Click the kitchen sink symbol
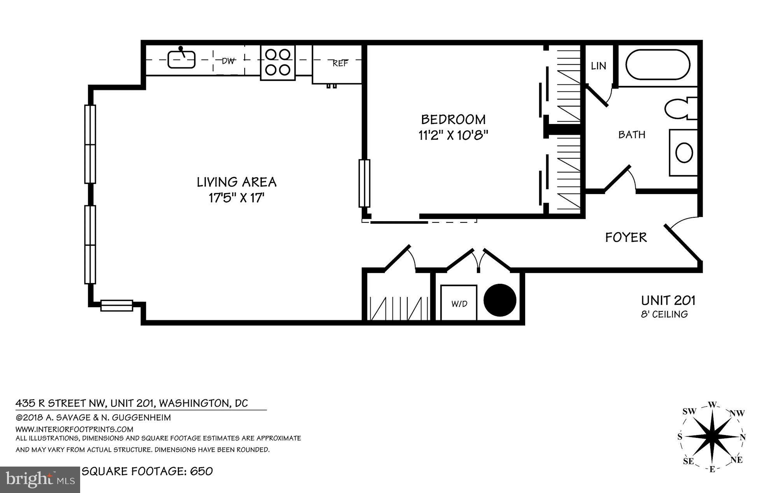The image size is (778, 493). click(x=181, y=59)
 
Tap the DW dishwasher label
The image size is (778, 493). click(x=228, y=61)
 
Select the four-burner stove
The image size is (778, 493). click(x=278, y=62)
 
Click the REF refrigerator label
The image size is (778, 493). click(x=340, y=63)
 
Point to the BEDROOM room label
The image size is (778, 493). click(x=453, y=119)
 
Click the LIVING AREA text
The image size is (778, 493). click(x=237, y=182)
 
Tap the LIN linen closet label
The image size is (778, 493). click(x=598, y=66)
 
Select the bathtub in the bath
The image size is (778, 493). click(x=658, y=65)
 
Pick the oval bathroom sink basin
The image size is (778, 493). click(x=684, y=152)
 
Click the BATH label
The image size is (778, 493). click(x=632, y=135)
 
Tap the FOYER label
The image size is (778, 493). click(x=626, y=237)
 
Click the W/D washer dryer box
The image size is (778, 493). click(x=459, y=303)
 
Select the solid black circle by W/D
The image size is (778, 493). click(x=500, y=300)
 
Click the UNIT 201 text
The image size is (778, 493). click(x=668, y=300)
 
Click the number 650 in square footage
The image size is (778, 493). click(x=202, y=471)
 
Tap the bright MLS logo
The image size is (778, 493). click(x=40, y=479)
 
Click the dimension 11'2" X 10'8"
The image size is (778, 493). click(x=453, y=135)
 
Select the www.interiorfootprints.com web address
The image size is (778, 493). click(x=74, y=429)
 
